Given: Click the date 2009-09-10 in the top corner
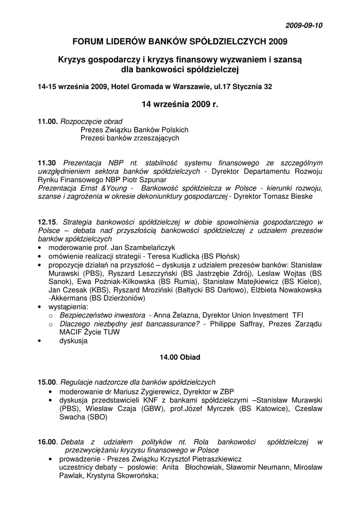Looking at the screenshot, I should (303, 25).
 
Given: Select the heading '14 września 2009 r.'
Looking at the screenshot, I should (180, 105).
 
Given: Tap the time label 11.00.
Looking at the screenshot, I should (48, 121).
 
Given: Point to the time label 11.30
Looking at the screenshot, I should (48, 163).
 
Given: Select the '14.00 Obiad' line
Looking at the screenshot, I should (180, 357).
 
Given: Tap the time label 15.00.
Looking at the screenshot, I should (48, 382).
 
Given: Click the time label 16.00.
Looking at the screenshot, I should (48, 441).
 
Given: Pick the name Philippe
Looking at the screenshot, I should (224, 324).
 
